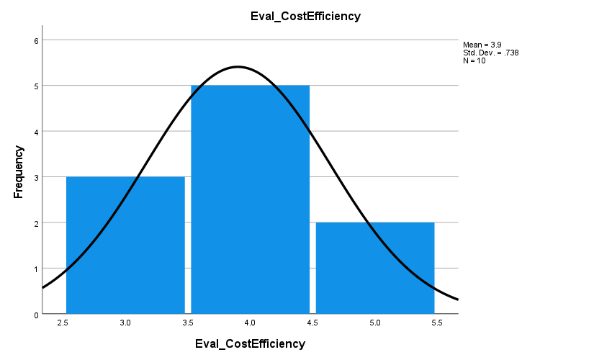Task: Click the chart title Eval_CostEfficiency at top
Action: click(305, 17)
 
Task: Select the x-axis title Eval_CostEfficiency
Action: click(250, 344)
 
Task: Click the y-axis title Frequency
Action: click(19, 172)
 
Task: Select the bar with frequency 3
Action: click(125, 245)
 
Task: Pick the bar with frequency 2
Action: click(375, 268)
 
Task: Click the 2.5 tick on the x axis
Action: click(63, 324)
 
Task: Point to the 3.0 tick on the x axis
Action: click(125, 324)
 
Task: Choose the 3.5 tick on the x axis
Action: click(188, 324)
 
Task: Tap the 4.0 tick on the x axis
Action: click(250, 324)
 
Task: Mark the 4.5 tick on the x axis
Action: click(312, 324)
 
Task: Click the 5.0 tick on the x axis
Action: click(375, 324)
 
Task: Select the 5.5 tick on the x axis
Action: click(437, 324)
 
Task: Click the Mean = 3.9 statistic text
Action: click(481, 45)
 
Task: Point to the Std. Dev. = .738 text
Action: click(490, 53)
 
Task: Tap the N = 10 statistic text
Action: click(474, 60)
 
